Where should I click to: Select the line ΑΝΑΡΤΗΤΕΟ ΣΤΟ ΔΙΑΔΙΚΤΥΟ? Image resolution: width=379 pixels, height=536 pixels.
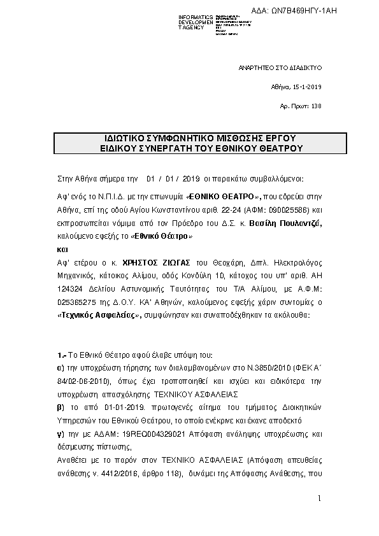click(x=280, y=67)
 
